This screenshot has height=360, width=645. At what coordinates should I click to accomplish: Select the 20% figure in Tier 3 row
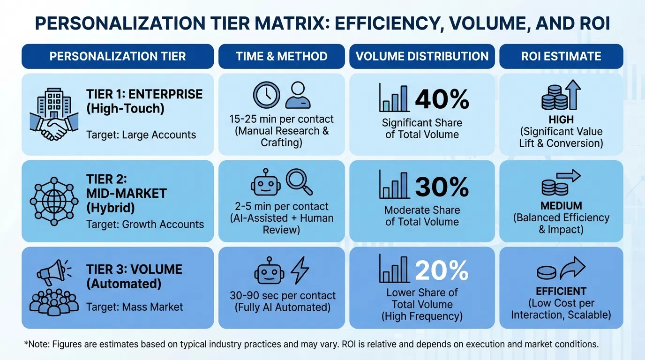point(442,270)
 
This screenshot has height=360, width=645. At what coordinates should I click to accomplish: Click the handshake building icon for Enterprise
point(52,114)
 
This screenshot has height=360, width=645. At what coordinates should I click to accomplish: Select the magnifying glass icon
point(299,182)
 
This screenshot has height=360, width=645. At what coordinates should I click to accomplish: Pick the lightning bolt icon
point(300,270)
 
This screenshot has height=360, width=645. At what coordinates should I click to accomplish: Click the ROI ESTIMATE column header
point(561,57)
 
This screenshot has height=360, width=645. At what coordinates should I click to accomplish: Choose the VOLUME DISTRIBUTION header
point(422,57)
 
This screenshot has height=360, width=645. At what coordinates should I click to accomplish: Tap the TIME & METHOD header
point(281,57)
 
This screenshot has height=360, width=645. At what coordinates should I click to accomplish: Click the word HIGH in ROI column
point(561,120)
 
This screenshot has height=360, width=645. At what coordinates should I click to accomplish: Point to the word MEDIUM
point(561,206)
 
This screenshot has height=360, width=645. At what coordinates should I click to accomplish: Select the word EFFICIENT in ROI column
point(561,291)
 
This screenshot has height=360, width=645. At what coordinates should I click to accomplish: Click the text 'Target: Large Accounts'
point(141,135)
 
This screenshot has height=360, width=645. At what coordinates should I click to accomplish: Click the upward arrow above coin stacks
point(573,94)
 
